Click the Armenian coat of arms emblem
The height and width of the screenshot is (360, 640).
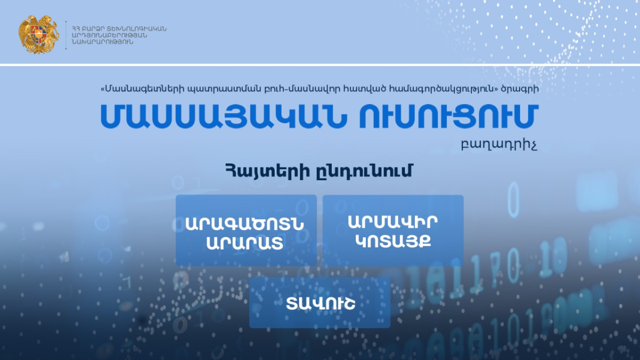coord(38,35)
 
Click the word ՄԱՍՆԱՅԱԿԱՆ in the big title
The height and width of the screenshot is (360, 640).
coord(223,116)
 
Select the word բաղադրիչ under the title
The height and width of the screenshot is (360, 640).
coord(499,146)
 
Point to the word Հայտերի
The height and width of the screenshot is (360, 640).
coord(268,171)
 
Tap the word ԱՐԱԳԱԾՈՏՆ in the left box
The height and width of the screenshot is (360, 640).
coord(245,224)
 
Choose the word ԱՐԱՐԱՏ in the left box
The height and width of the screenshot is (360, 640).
coord(245,243)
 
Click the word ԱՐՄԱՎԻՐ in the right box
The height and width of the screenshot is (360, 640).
coord(393,222)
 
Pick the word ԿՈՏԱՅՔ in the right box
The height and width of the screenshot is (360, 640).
coord(393,242)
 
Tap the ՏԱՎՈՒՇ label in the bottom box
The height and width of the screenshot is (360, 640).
coord(321,303)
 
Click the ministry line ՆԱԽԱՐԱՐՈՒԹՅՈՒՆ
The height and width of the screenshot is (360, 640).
coord(102,42)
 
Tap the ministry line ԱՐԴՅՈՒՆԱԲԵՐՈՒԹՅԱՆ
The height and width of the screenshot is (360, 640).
coord(109,35)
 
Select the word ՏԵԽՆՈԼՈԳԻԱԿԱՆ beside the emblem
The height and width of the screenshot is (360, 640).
coord(137,29)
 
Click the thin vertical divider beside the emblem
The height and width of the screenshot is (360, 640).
coord(66,35)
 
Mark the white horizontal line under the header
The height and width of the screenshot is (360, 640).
coord(320,65)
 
